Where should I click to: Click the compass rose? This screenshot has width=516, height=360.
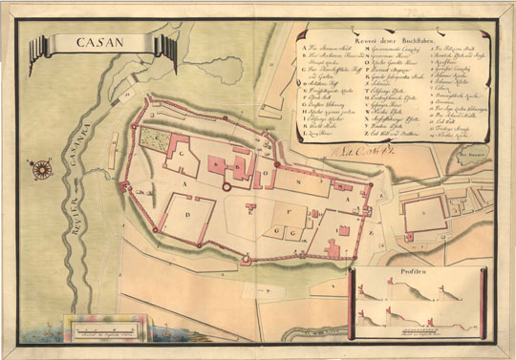tap(42, 171)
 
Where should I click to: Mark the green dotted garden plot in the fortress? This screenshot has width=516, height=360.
tap(153, 139)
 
